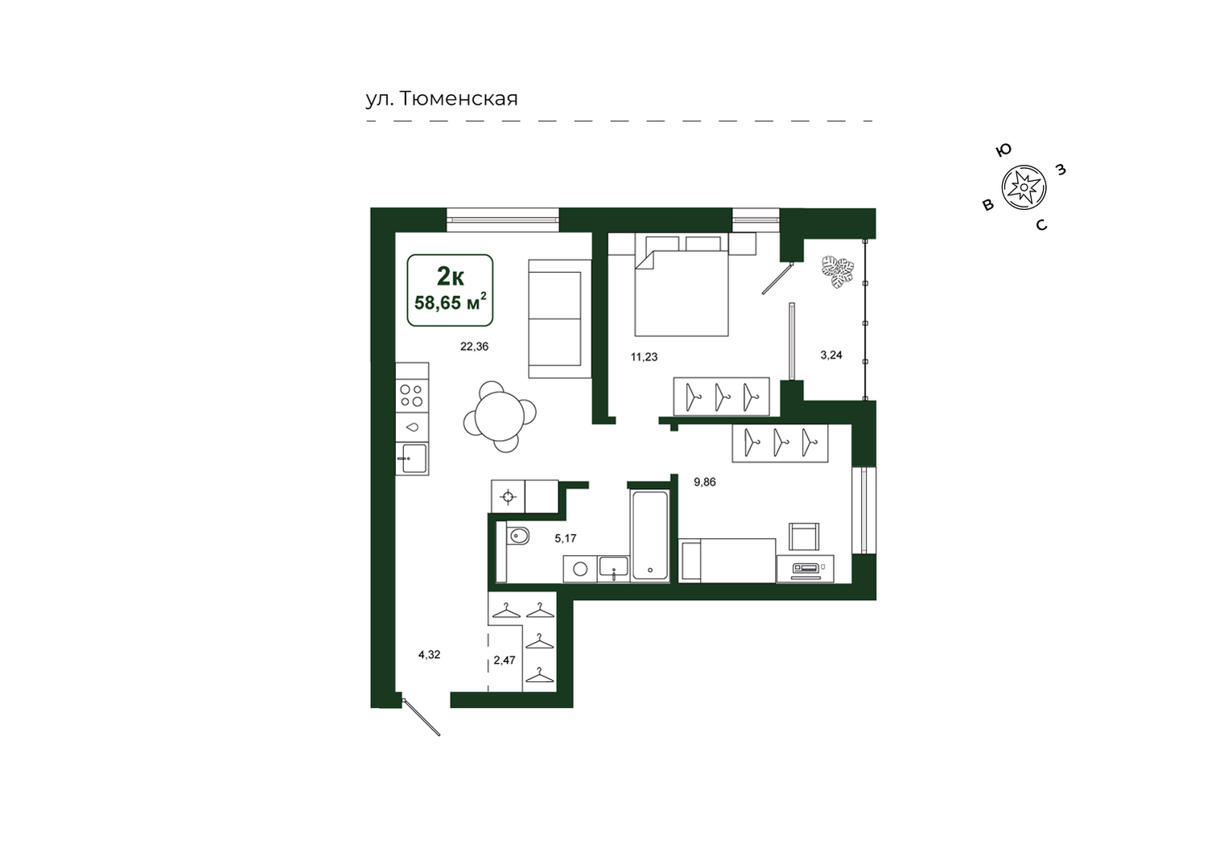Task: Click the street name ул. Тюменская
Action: coord(441,99)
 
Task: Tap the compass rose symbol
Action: coord(1024,187)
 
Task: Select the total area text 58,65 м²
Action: coord(450,302)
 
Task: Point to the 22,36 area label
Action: coord(474,347)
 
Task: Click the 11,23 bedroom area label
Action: coord(644,357)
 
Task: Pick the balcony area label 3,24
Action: coord(831,355)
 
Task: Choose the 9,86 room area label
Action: coord(705,482)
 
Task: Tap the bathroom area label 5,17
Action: coord(565,538)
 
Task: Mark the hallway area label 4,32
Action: coord(429,654)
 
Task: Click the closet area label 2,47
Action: coord(505,660)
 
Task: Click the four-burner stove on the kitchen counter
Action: coord(412,395)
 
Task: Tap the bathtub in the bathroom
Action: coord(649,536)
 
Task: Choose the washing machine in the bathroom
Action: coord(580,569)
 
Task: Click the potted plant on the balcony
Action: coord(838,272)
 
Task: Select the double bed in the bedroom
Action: coord(682,286)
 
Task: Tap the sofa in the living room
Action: coord(560,319)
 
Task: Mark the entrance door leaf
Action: coord(421,718)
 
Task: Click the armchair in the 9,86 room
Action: coord(804,537)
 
